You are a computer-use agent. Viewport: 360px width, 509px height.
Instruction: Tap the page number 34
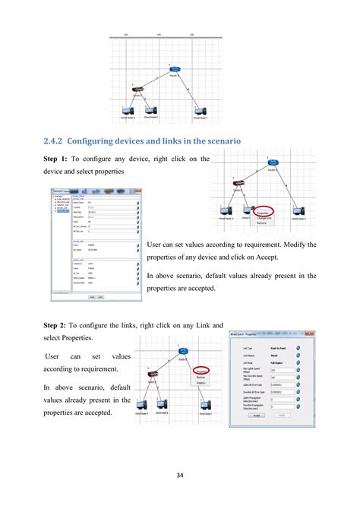tap(179, 476)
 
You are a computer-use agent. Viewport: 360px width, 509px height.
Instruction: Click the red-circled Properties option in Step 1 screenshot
tap(264, 213)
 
